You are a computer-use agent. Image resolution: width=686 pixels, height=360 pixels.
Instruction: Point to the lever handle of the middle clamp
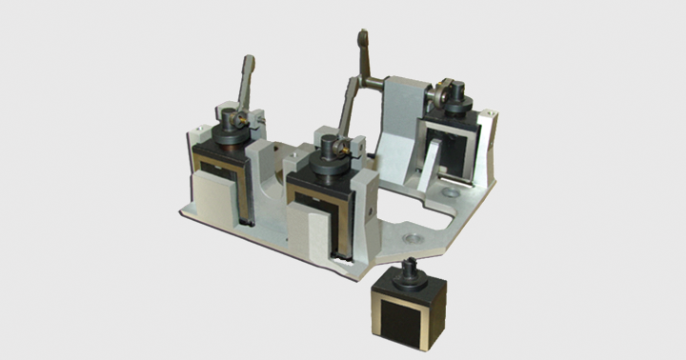(x=349, y=106)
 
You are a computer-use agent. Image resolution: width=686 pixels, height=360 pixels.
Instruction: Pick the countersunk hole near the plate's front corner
(x=412, y=232)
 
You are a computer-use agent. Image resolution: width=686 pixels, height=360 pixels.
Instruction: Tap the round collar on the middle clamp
(x=330, y=162)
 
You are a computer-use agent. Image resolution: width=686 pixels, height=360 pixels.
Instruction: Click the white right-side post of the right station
(x=486, y=148)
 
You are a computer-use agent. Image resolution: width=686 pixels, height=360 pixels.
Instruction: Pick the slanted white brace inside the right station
(x=434, y=162)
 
